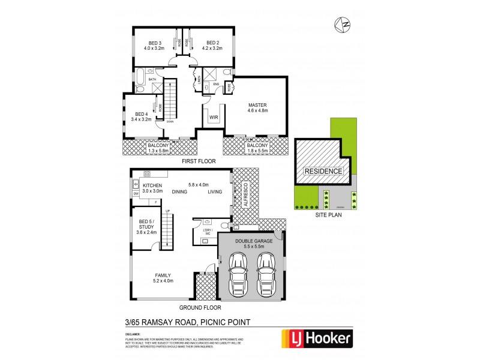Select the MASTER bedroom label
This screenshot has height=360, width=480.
pyautogui.click(x=257, y=105)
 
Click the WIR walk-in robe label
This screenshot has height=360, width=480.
pyautogui.click(x=213, y=118)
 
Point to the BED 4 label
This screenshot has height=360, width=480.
pyautogui.click(x=141, y=114)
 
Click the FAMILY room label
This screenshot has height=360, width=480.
pyautogui.click(x=163, y=276)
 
